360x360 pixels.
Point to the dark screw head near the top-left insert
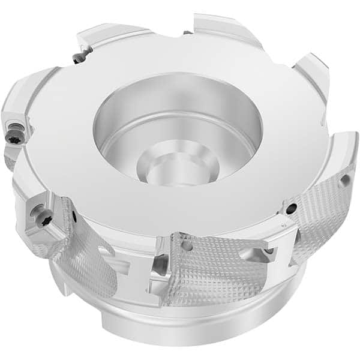(77, 58)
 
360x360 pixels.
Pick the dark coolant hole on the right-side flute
(290, 208)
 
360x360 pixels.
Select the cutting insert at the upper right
(312, 72)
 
